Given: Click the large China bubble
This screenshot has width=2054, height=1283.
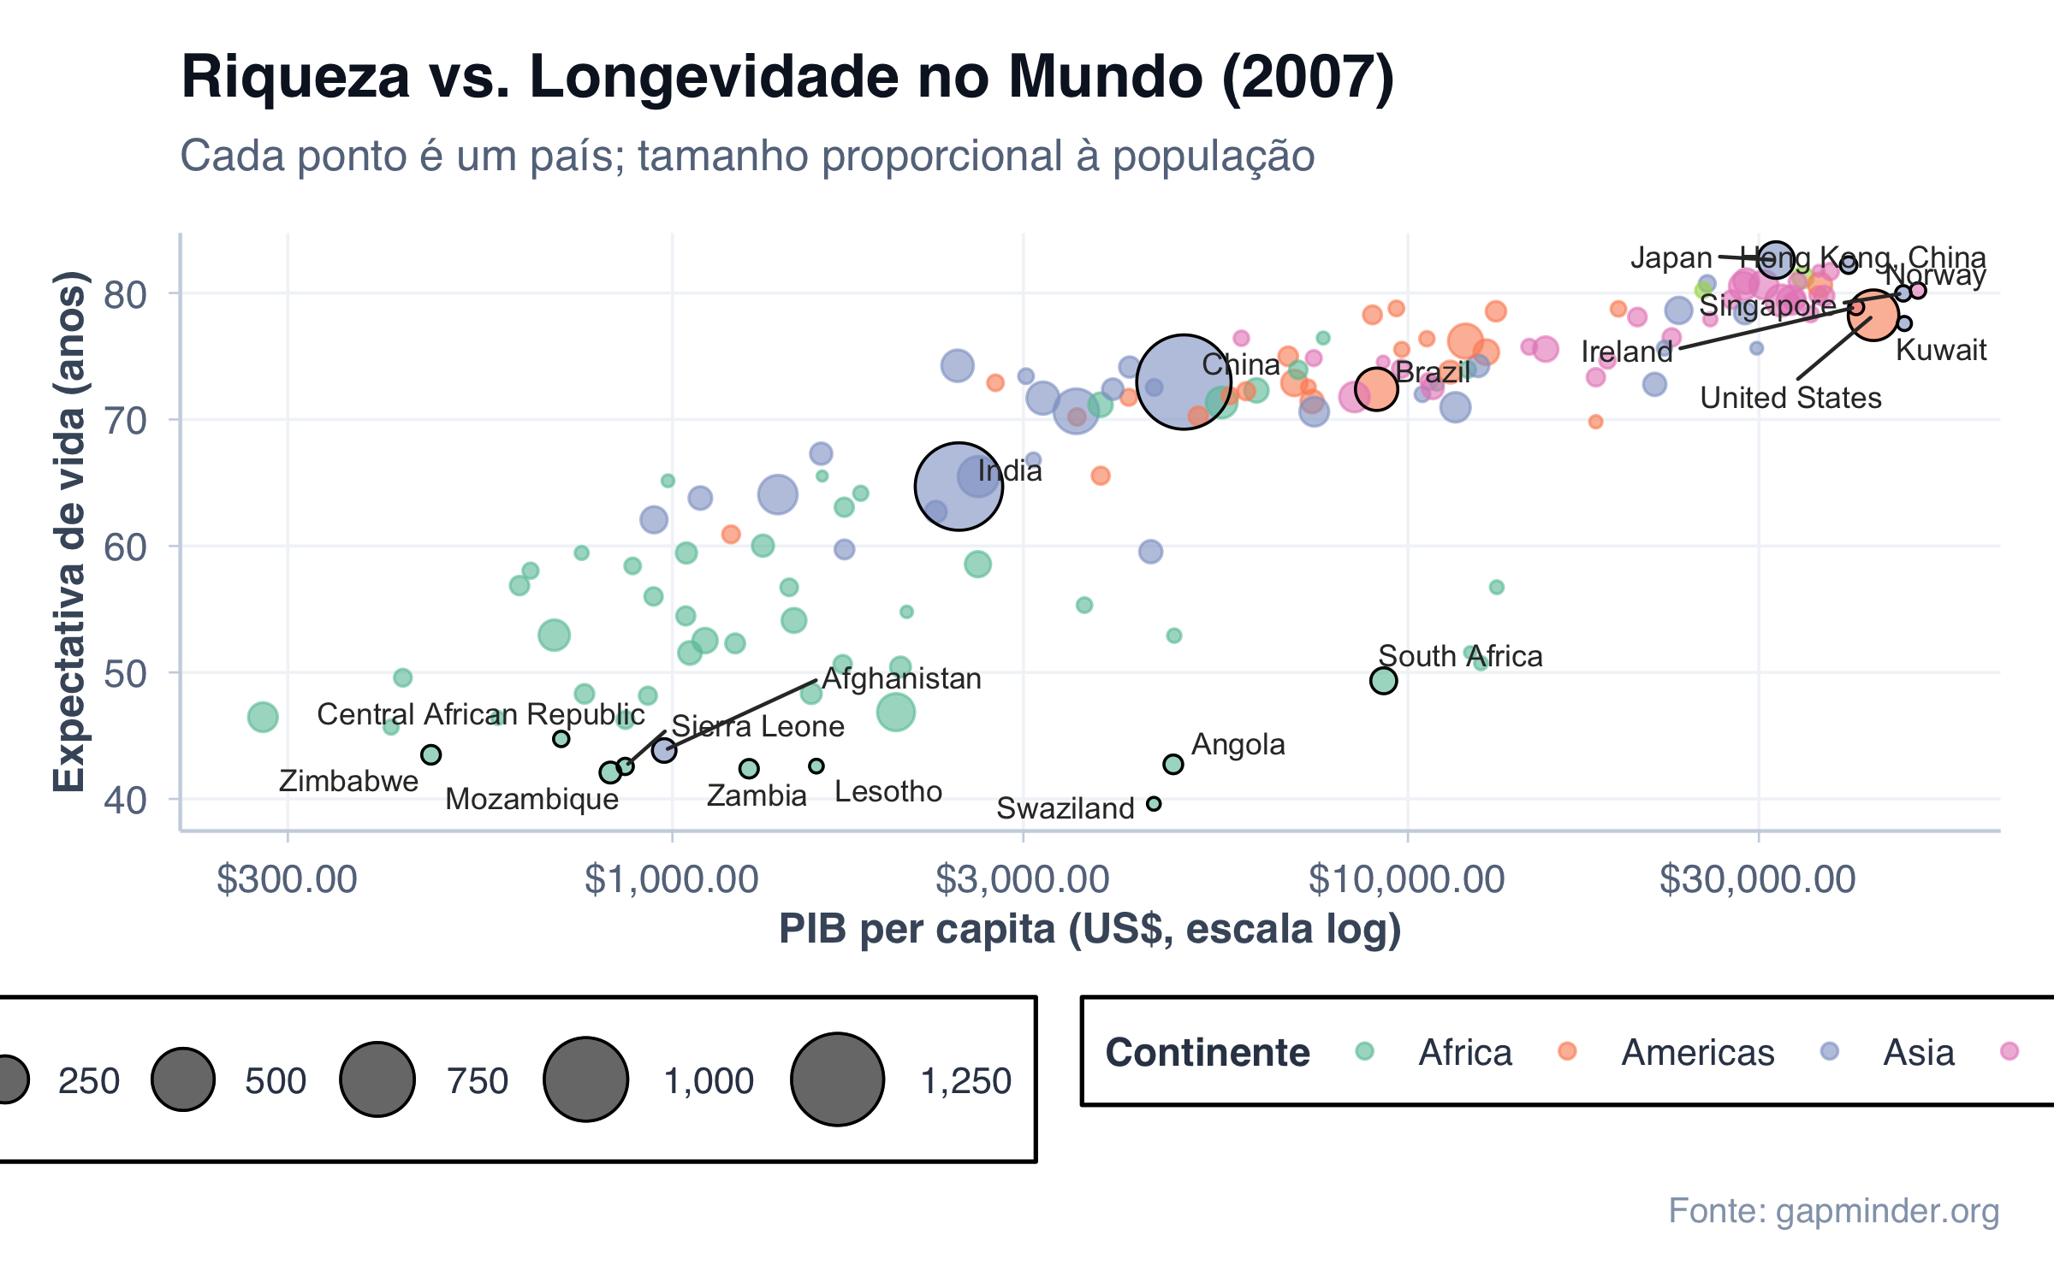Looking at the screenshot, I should pos(1183,381).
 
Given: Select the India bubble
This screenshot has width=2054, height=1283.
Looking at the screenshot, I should pos(959,486).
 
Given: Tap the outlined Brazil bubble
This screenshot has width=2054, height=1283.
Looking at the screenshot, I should pos(1375,389).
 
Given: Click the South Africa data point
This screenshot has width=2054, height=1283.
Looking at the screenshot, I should pos(1383,681).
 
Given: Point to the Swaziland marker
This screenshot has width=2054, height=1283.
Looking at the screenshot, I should pos(1154,804).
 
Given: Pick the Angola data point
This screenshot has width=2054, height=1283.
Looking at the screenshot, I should pos(1173,764).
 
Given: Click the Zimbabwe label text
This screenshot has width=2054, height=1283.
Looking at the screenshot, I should pos(348,781).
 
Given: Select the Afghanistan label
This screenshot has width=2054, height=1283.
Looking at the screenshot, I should pos(902,678).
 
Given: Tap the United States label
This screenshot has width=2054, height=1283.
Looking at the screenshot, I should pos(1790,398).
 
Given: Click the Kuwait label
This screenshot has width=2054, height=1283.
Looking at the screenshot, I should pos(1941,350).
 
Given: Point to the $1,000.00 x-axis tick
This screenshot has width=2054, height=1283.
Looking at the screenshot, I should pos(672,879).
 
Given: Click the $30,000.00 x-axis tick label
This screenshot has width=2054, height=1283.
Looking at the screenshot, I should pos(1758,879).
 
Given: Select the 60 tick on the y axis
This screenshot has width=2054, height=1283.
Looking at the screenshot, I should pos(125,547).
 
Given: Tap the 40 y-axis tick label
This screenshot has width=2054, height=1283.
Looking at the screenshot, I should pos(125,800).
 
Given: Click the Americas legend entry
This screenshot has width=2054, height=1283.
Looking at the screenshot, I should pos(1697,1052).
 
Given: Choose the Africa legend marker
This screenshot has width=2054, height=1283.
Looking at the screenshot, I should pos(1365,1051).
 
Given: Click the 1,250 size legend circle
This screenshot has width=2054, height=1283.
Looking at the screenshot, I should pos(837,1079).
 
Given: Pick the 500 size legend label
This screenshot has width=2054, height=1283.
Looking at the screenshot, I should pos(275,1081).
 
